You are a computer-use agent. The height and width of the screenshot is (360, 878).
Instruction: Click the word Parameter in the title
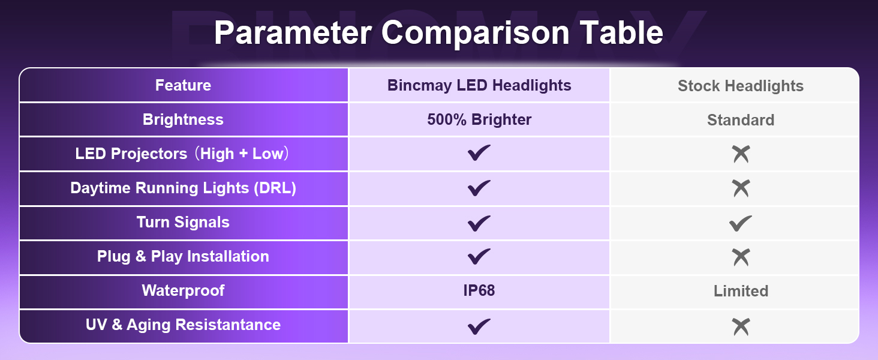pos(293,33)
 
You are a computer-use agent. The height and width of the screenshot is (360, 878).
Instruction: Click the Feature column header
pos(183,85)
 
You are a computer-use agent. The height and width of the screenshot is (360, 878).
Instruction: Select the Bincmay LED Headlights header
pos(479,85)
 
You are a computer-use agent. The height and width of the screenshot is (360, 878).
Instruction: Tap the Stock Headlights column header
pos(741,86)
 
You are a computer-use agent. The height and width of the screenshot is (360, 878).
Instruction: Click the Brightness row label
pos(183,119)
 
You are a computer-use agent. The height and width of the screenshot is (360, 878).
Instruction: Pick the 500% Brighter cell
pos(479,119)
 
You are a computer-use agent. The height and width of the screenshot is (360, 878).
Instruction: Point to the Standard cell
pos(741,120)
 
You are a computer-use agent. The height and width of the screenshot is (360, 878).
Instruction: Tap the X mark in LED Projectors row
pos(741,154)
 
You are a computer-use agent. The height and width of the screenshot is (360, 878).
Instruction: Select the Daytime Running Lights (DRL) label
pos(183,188)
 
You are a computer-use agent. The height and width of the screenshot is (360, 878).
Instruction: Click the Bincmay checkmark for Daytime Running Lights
pos(479,188)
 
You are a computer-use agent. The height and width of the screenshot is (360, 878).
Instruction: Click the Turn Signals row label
pos(183,222)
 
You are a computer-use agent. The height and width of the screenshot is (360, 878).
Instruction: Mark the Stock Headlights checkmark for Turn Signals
pos(741,223)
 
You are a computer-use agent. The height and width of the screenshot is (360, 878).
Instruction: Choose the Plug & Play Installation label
pos(183,256)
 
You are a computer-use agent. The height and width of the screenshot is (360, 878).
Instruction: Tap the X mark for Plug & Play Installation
pos(741,257)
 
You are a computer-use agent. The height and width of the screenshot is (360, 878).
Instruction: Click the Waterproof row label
pos(183,290)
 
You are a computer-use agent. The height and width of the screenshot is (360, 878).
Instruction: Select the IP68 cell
pos(479,290)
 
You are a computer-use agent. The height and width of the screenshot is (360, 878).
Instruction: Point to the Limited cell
pos(741,291)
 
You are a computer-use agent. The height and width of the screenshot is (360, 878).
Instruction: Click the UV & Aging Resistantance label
pos(183,325)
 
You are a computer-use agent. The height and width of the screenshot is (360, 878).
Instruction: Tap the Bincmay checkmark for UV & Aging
pos(479,326)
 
